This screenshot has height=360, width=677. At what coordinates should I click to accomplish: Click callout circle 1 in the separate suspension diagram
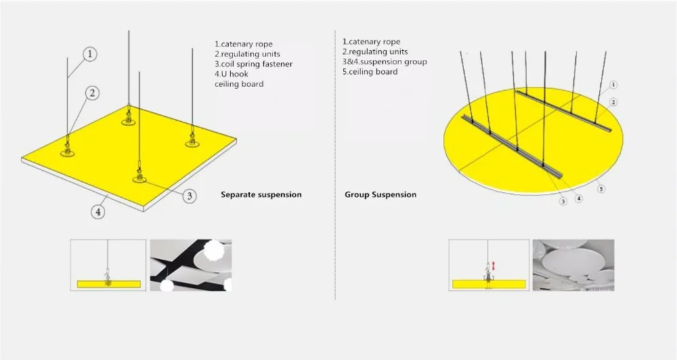click(90, 54)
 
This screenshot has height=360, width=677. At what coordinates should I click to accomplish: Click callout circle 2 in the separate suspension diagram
click(92, 93)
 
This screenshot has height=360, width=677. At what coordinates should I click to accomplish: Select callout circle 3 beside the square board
click(189, 196)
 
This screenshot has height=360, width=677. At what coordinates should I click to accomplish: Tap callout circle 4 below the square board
click(98, 212)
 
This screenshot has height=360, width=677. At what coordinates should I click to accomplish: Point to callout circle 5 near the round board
click(601, 189)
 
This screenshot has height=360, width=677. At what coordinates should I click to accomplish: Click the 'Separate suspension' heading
click(261, 195)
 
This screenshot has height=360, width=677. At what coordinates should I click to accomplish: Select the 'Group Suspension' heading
click(380, 195)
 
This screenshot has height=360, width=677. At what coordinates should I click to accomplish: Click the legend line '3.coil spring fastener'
click(253, 64)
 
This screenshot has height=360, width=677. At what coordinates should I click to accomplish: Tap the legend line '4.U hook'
click(232, 74)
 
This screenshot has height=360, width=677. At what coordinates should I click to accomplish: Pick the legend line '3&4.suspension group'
click(385, 62)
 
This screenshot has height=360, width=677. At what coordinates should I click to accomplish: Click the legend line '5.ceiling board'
click(370, 72)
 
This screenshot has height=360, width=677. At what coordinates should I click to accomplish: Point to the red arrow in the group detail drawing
click(494, 266)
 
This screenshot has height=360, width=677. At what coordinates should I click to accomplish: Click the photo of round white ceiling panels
click(573, 265)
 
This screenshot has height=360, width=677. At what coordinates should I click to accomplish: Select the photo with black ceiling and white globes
click(191, 265)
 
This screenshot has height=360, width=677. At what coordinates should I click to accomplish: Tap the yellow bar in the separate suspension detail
click(109, 284)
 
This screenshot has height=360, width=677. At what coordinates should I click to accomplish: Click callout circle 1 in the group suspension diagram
click(613, 85)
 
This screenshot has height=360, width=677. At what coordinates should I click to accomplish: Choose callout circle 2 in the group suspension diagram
click(613, 102)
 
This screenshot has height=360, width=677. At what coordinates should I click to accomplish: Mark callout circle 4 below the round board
click(579, 198)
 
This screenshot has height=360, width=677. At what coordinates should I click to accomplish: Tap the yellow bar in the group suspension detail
click(489, 284)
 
